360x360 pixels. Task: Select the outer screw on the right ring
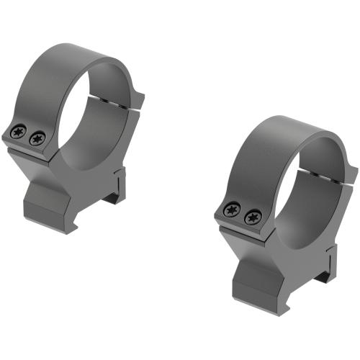pyautogui.click(x=231, y=210)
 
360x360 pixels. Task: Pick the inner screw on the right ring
pyautogui.click(x=251, y=216)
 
